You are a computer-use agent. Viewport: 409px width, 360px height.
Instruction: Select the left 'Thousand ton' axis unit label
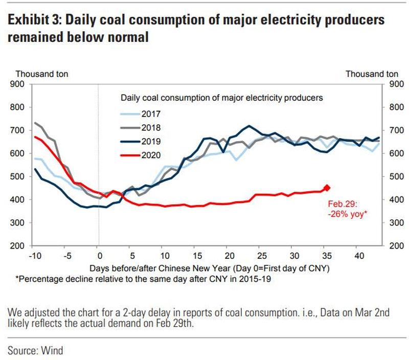(38, 74)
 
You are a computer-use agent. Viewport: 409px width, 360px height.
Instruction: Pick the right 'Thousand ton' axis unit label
(372, 74)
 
